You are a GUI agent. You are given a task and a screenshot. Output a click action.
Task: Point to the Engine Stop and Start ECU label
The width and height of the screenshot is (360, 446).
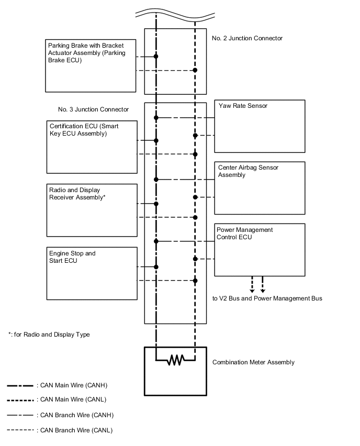click(72, 257)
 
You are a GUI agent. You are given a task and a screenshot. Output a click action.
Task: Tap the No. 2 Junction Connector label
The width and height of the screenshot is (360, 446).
click(248, 38)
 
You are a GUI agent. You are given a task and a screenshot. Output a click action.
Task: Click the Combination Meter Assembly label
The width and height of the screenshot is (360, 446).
click(253, 362)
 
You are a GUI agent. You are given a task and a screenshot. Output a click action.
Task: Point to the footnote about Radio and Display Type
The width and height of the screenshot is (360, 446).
click(49, 334)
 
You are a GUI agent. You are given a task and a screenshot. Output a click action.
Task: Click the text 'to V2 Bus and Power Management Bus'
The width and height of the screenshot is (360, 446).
click(267, 298)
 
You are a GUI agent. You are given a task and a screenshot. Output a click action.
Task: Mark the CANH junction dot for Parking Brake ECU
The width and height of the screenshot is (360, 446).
click(156, 56)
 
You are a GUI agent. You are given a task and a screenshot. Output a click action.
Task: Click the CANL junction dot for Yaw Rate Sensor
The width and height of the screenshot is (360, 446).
click(195, 136)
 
